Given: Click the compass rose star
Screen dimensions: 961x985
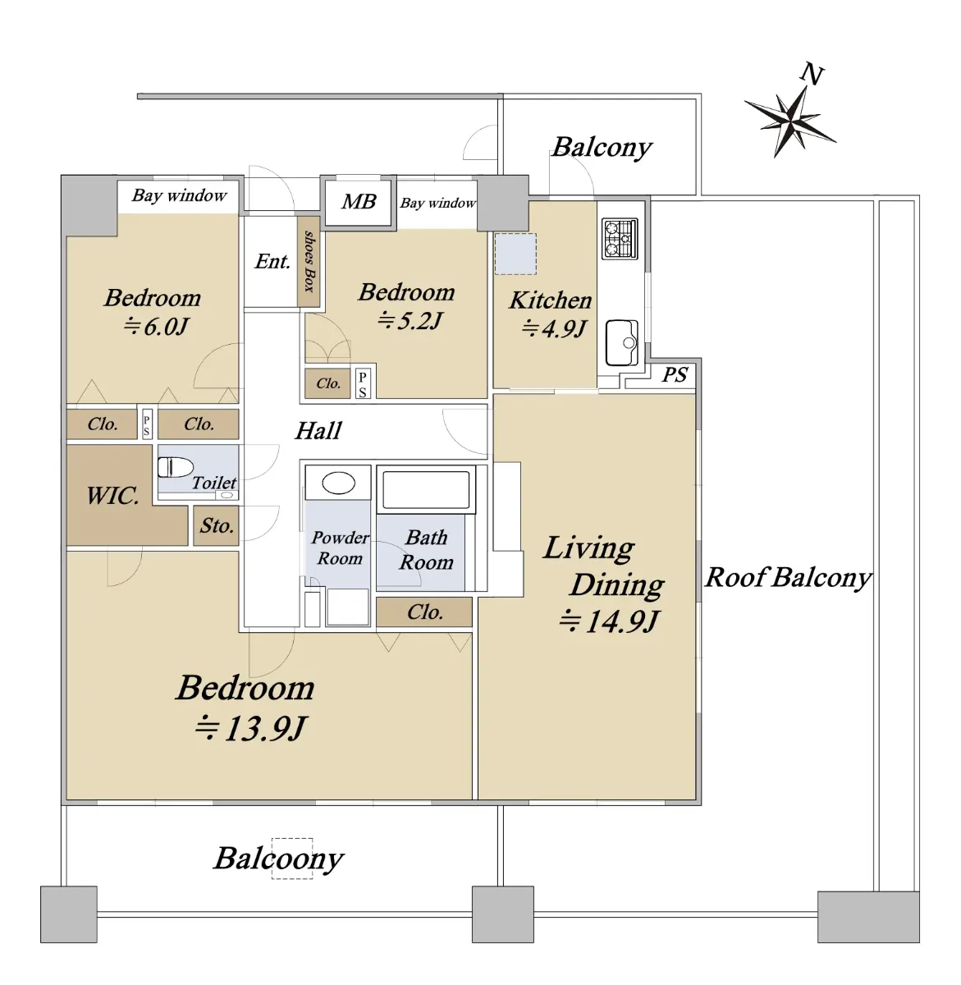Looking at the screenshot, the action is [x=789, y=121].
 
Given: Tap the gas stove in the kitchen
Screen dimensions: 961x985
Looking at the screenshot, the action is [x=619, y=238].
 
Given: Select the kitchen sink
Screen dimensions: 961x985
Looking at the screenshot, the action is [x=621, y=342].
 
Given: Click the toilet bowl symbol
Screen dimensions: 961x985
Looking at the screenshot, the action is [x=175, y=467].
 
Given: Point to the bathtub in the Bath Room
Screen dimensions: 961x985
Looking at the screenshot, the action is [x=426, y=489].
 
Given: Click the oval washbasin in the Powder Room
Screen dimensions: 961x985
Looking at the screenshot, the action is [x=339, y=483].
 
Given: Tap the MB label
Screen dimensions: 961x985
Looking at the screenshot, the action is [x=359, y=201].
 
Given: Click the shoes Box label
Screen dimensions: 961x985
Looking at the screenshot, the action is [x=309, y=261].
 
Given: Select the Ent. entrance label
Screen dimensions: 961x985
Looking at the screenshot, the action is [x=272, y=261].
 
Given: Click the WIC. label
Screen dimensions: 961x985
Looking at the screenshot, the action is [x=112, y=496].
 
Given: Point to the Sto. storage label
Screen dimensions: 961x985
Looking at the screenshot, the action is [x=217, y=526].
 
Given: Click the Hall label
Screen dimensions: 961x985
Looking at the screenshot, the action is [x=318, y=431].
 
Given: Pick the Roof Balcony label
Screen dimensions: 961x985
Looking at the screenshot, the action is [x=788, y=578].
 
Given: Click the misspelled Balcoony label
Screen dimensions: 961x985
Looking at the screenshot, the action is [x=278, y=859].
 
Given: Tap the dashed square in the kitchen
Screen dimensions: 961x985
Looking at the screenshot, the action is [x=515, y=254].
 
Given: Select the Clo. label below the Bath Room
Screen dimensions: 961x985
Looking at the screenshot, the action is [x=425, y=612].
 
